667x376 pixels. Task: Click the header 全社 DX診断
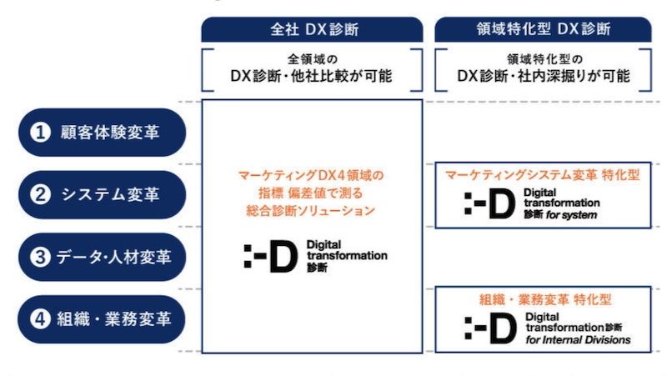tap(314, 29)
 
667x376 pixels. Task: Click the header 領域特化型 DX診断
tap(544, 29)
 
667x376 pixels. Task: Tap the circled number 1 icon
tap(40, 133)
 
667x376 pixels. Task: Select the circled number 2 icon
tap(40, 194)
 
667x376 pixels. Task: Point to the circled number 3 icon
tap(40, 257)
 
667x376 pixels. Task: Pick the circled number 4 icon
tap(40, 319)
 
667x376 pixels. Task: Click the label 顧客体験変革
tap(110, 133)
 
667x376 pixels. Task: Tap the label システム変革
tap(110, 194)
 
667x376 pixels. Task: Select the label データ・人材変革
tap(113, 257)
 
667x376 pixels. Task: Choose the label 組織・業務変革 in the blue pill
tap(114, 319)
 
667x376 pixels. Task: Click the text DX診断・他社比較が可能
tap(311, 76)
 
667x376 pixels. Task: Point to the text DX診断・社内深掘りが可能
tap(544, 76)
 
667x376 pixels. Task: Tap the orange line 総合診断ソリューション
tap(310, 211)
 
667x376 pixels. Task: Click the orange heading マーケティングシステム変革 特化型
tap(543, 175)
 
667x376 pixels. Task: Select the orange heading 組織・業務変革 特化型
tap(545, 299)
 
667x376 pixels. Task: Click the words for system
tap(572, 215)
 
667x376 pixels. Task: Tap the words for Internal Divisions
tap(578, 339)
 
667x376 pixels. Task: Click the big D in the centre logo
tap(283, 256)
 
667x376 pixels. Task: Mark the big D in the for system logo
tap(502, 203)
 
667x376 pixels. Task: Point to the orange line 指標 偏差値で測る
tap(310, 193)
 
